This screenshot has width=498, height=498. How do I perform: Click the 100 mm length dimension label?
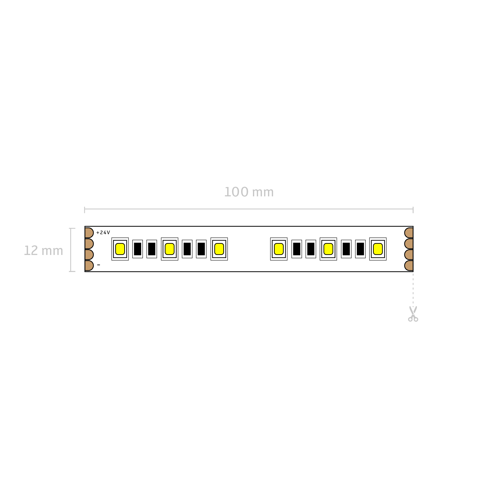point(249,192)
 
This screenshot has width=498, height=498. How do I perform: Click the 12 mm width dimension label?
point(43,251)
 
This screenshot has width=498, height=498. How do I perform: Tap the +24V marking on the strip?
point(103,233)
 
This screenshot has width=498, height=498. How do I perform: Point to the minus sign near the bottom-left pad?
point(99,265)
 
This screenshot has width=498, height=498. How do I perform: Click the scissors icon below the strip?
point(413,314)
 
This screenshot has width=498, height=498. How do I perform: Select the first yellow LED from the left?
point(120,249)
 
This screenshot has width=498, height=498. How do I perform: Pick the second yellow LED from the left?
point(170,249)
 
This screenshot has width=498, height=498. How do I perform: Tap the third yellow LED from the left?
point(219,249)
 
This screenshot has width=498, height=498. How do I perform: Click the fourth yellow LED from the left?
point(279,249)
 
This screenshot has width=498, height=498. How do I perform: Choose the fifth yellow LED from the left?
point(328,249)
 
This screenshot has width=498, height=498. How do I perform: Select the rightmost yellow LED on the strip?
point(378,249)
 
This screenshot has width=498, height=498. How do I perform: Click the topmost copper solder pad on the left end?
point(89,233)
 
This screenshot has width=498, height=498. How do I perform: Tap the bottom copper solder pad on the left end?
point(89,266)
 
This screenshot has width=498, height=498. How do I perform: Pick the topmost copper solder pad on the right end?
point(409,233)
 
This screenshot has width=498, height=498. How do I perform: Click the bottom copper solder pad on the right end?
point(409,266)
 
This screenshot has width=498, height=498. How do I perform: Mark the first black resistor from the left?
point(137,249)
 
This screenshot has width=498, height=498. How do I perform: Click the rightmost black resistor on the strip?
point(360,249)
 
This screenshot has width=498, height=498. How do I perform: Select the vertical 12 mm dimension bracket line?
point(71,250)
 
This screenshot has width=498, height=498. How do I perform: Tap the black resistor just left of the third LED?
point(201,249)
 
